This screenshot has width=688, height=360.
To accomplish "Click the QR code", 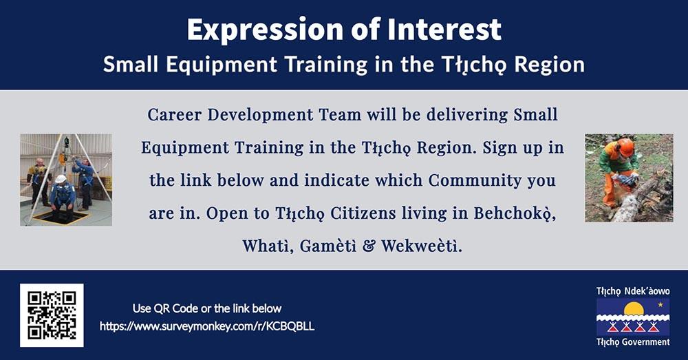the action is pos(52,315).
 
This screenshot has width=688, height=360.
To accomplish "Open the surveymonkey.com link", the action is pos(207,327).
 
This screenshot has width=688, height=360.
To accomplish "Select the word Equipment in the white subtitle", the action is pos(222,65).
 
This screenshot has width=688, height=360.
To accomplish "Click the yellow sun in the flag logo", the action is pos(634,309).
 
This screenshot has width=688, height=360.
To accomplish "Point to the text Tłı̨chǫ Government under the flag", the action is pos(633,342).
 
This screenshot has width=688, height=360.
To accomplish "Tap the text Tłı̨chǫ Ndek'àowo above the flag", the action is pos(633,291).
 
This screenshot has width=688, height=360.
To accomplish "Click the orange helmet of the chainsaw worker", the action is pos(626,147).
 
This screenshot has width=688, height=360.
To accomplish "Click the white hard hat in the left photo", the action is pos(61,179).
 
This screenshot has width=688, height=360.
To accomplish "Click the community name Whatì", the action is pos(268,246).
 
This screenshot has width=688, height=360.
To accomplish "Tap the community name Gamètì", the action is pos(328,246).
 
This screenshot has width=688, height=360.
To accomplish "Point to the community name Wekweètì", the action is pos(421,246).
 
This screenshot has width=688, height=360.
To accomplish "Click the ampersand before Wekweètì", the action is pos(369,246).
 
